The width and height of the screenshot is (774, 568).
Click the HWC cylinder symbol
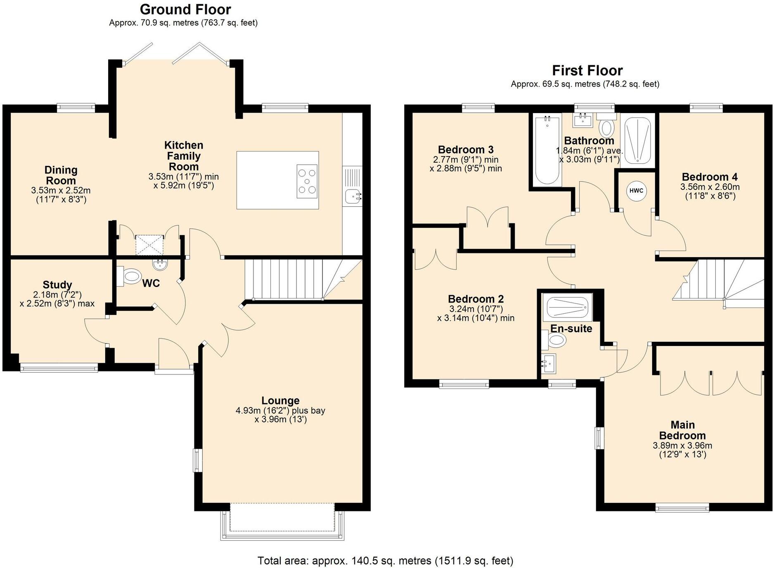click(636, 191)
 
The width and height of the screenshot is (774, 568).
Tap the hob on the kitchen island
click(307, 181)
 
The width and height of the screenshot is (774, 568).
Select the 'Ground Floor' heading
click(185, 9)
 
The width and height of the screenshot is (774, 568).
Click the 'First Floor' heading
click(587, 70)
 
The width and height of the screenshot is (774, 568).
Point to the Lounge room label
click(280, 400)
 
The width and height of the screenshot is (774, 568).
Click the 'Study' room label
click(57, 285)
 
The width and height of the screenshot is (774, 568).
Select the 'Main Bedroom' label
click(682, 430)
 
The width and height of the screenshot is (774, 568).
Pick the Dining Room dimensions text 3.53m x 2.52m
click(61, 191)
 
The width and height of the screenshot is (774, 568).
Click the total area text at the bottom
click(385, 561)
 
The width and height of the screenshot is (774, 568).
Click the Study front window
click(59, 367)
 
